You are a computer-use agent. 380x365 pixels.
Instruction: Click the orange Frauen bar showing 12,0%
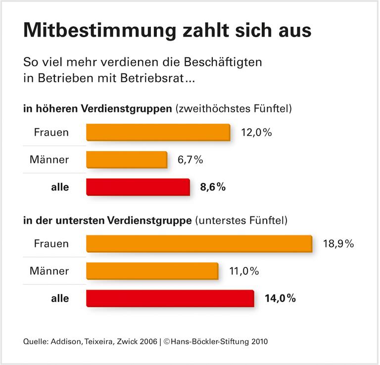point(158,133)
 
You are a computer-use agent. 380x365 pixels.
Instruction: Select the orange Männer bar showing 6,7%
point(127,159)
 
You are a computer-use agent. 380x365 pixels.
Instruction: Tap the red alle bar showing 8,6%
point(138,187)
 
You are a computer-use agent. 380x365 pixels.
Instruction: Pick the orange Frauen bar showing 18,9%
point(199,244)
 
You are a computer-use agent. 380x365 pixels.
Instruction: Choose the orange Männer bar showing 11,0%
point(152,271)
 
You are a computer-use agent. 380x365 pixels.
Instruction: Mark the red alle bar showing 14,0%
point(170,298)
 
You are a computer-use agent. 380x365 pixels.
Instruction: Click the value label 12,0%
point(257,133)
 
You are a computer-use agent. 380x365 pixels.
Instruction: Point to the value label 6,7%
point(190,159)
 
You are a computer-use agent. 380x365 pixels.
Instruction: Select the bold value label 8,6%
point(213,187)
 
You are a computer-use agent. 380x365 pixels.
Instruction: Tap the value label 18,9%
point(338,244)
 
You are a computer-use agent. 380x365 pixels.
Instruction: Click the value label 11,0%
point(244,271)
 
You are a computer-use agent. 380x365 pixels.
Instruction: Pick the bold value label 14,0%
point(281,298)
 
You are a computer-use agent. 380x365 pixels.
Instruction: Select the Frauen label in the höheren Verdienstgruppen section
point(51,133)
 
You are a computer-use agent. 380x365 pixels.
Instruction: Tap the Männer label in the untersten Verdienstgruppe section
point(49,271)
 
